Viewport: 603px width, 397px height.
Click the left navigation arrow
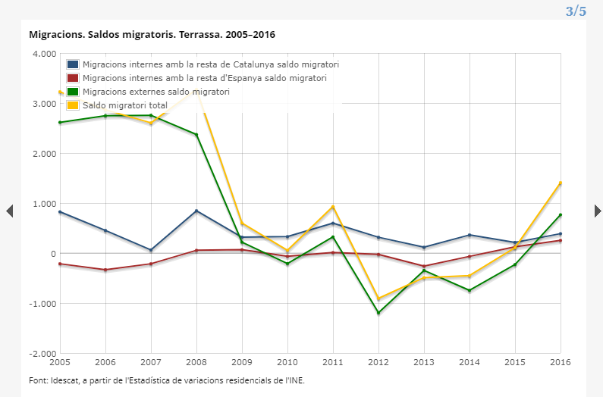[10, 211]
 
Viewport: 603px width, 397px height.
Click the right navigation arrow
[598, 211]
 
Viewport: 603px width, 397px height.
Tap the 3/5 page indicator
[576, 11]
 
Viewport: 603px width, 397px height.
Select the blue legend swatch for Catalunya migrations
[73, 64]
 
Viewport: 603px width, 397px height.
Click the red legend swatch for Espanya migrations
[73, 78]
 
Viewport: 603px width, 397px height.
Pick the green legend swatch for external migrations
[73, 92]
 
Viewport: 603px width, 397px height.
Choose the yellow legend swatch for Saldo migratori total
[73, 105]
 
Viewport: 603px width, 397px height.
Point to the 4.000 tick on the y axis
[45, 54]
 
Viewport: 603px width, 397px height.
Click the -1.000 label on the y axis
[43, 304]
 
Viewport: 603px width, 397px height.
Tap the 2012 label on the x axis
[378, 362]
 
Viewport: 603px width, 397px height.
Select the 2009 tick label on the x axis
[242, 362]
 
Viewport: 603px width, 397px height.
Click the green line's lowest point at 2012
[378, 313]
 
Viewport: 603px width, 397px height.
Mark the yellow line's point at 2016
[561, 183]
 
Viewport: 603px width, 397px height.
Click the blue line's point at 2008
[196, 211]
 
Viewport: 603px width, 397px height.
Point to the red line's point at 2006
[105, 270]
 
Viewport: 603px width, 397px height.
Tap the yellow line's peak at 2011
[333, 207]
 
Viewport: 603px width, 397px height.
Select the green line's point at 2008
[196, 135]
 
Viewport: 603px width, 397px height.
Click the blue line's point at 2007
[151, 250]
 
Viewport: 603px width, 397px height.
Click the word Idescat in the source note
[64, 380]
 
